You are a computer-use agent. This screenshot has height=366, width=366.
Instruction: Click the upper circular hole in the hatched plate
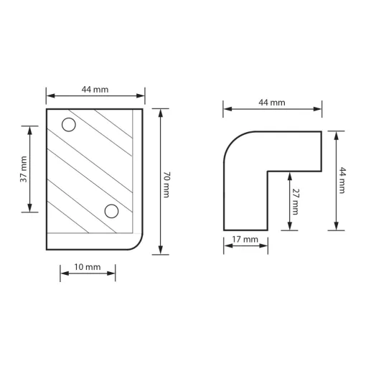click(69, 125)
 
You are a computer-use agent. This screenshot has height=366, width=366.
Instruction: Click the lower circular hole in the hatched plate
click(111, 211)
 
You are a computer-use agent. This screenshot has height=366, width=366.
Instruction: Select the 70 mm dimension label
click(166, 184)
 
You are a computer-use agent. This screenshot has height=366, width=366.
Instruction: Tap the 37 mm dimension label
click(24, 169)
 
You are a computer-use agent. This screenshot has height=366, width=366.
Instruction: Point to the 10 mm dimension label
click(88, 267)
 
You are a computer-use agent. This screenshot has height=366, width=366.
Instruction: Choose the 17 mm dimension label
click(245, 240)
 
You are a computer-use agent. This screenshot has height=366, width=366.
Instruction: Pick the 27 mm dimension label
click(296, 202)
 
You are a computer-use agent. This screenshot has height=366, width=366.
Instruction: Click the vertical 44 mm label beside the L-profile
click(342, 180)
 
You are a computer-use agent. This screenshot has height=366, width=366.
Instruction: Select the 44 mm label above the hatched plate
click(95, 90)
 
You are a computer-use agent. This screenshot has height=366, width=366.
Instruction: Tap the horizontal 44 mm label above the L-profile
click(272, 103)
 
